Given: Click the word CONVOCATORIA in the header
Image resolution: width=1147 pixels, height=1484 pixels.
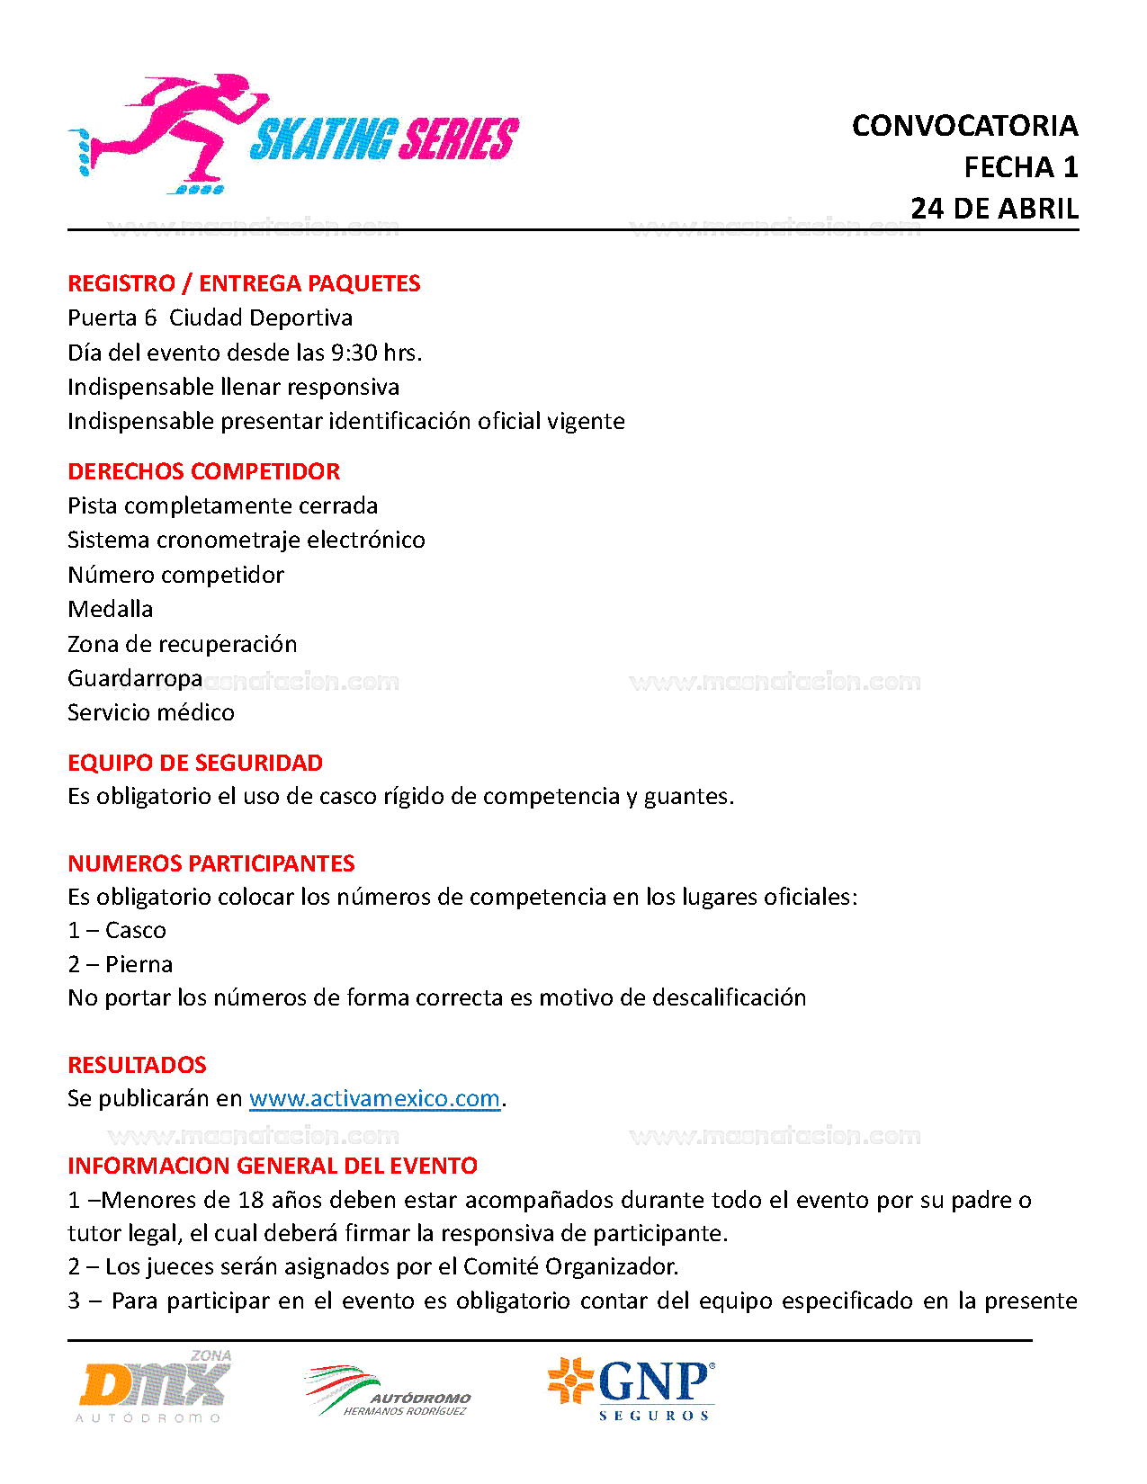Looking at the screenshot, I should click(x=964, y=126).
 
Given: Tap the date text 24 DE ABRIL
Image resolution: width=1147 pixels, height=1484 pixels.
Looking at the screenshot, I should click(x=994, y=209).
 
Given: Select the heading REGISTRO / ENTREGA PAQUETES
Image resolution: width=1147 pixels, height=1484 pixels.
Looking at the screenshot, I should click(x=244, y=283).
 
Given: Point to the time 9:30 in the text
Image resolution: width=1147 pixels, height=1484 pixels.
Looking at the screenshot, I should click(x=354, y=353).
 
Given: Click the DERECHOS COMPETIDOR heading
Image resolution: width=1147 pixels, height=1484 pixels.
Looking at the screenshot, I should click(x=204, y=471).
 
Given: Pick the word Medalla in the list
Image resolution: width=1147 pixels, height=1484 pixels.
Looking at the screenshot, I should click(x=111, y=609).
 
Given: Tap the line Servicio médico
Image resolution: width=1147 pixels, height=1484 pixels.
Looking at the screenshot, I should click(x=151, y=712).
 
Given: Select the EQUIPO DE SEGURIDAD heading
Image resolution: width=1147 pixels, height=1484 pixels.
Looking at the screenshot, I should click(x=195, y=763).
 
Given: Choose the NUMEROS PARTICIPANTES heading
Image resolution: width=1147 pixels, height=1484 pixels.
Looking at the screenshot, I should click(x=211, y=863).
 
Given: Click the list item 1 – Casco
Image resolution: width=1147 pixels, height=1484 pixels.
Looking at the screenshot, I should click(x=117, y=930).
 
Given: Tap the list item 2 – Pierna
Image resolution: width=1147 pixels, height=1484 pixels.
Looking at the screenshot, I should click(x=121, y=964).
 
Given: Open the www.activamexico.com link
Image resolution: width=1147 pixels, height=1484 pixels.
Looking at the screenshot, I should click(x=374, y=1098).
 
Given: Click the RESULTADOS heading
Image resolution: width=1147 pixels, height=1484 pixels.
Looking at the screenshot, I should click(x=137, y=1065).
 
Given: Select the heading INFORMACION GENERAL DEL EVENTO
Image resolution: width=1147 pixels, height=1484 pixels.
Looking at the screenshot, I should click(x=273, y=1166).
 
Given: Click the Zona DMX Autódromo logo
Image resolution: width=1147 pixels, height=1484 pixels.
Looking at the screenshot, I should click(x=153, y=1387).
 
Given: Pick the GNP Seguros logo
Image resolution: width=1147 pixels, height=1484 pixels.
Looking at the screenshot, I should click(x=632, y=1389).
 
